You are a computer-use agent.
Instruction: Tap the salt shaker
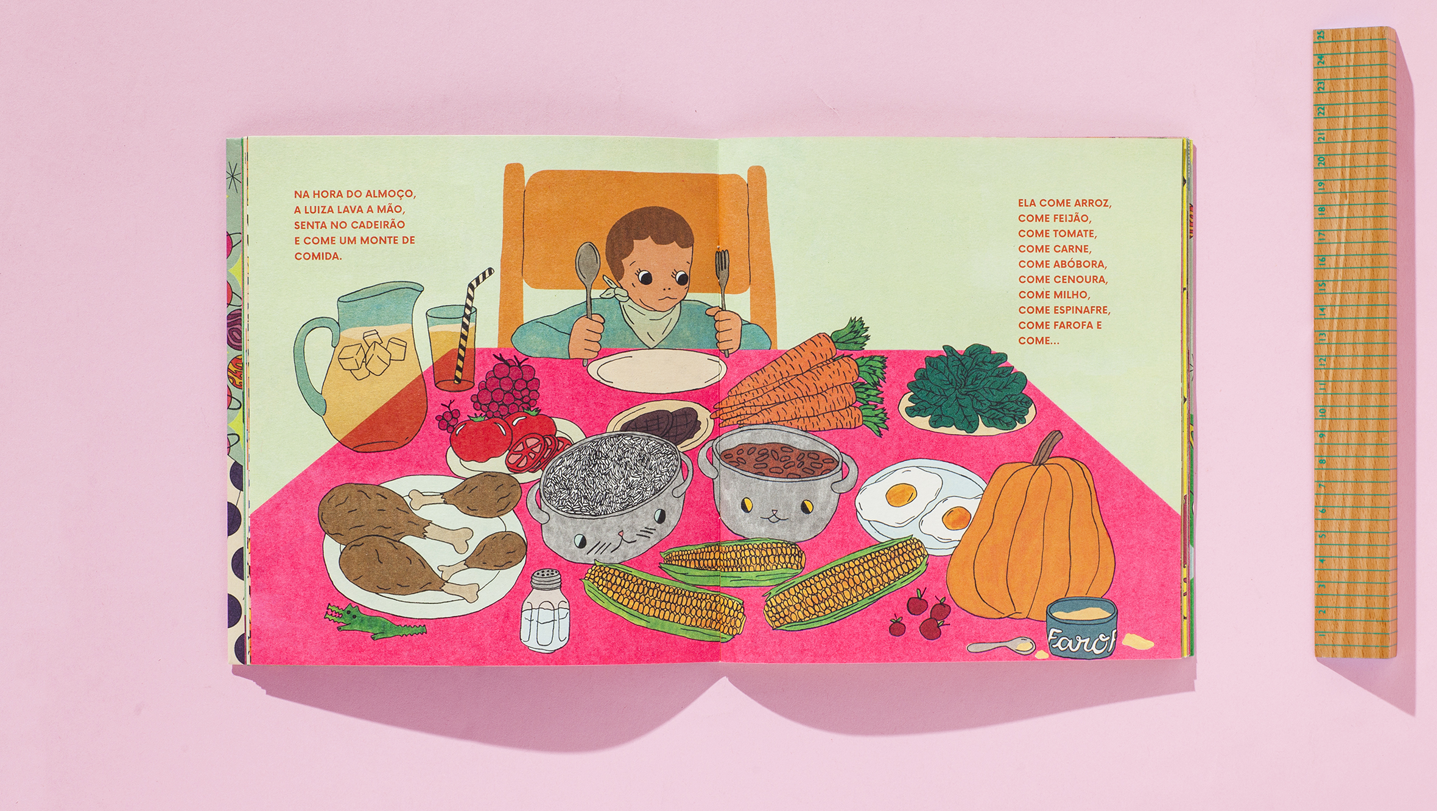(x=545, y=611)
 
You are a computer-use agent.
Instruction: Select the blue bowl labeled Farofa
(x=1081, y=627)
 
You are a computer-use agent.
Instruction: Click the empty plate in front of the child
(x=657, y=370)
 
